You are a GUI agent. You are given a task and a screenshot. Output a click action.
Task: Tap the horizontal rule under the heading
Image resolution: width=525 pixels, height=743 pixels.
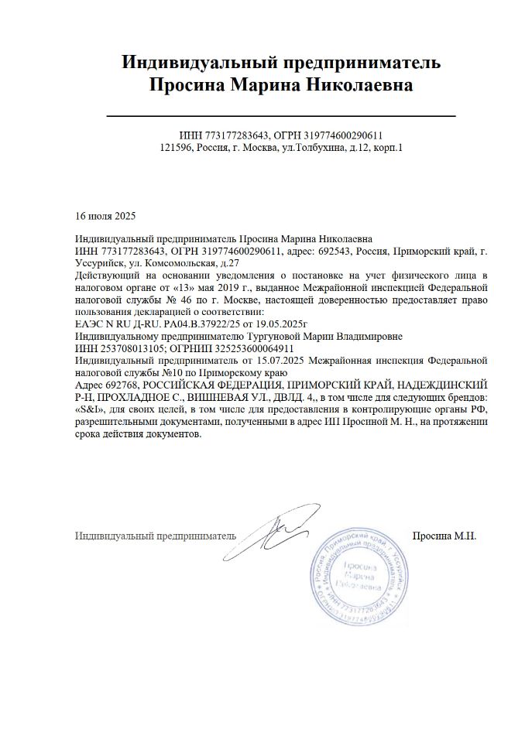click(x=280, y=115)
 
